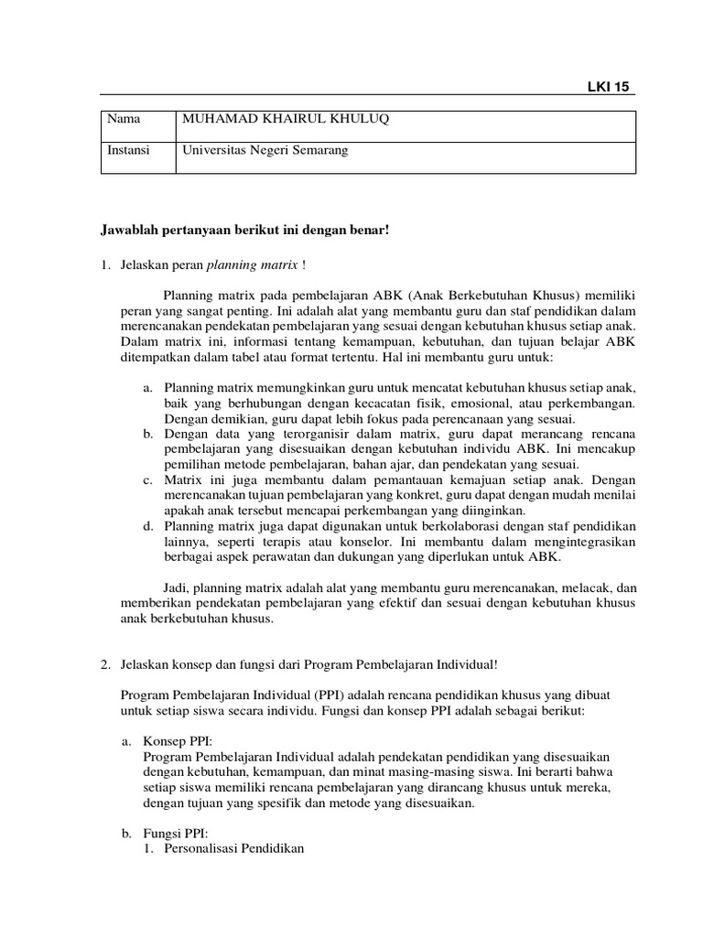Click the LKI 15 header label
coord(609,87)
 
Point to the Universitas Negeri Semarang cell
coord(265,149)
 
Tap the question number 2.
coord(106,664)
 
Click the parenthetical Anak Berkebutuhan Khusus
coord(494,296)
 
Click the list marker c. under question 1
coord(148,479)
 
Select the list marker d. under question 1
coord(148,526)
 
